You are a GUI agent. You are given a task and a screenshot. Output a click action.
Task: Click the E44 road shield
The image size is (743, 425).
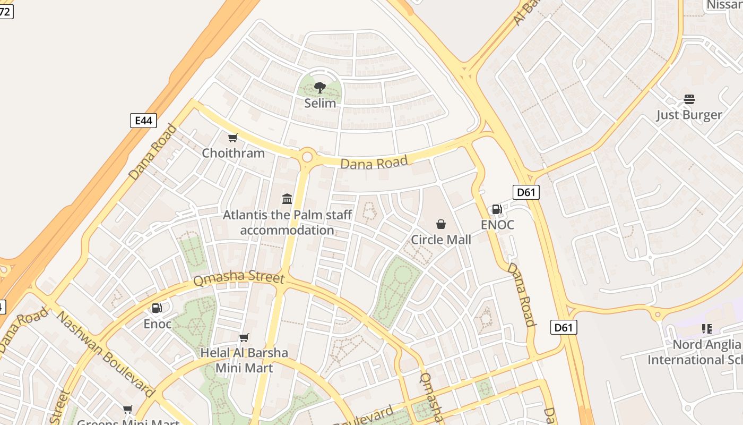[143, 121]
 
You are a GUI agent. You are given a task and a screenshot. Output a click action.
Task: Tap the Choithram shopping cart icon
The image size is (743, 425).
[232, 138]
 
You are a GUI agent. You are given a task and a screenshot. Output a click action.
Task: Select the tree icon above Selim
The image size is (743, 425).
[319, 87]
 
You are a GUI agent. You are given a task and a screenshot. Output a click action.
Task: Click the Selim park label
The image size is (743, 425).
[320, 103]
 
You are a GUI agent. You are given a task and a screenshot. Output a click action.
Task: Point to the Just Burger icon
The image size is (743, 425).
[689, 99]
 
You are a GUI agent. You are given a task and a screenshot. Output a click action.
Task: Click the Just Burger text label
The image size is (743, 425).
[689, 115]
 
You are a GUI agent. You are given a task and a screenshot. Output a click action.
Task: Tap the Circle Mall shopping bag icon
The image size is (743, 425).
[441, 224]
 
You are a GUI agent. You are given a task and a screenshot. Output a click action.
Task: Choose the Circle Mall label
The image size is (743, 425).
[441, 240]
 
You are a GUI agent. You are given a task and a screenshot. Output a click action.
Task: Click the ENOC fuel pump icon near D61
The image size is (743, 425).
[497, 209]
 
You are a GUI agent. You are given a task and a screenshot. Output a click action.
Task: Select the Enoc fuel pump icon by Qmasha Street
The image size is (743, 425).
[157, 308]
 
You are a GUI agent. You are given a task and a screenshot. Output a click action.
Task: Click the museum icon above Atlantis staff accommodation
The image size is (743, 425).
[287, 199]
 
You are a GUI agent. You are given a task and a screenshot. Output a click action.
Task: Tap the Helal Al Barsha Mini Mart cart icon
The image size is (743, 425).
[244, 337]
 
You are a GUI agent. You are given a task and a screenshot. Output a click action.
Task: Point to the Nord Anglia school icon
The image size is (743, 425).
[706, 329]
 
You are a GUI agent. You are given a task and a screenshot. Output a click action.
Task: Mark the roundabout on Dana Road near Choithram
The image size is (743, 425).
[307, 157]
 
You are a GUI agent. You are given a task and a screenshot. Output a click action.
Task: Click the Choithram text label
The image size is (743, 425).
[233, 153]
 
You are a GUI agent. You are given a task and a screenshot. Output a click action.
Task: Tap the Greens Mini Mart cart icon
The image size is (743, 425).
[128, 409]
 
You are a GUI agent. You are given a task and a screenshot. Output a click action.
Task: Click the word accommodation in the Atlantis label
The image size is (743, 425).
[287, 230]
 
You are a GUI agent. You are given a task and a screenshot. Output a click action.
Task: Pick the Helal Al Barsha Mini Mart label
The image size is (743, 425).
[244, 360]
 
